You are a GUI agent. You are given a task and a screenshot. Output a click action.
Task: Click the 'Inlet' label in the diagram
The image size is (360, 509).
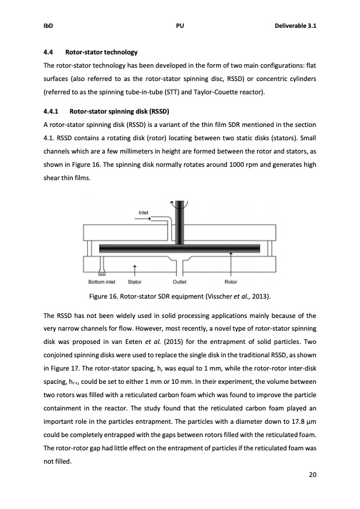pyautogui.click(x=144, y=213)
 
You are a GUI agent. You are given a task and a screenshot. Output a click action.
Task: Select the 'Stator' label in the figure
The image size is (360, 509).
pyautogui.click(x=135, y=281)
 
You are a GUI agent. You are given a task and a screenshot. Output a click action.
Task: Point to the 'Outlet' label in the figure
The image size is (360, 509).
pyautogui.click(x=180, y=281)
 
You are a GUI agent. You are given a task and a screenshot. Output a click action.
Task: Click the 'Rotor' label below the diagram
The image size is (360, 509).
pyautogui.click(x=231, y=281)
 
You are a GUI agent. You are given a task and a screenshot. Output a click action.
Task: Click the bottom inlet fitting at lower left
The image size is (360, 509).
pyautogui.click(x=102, y=272)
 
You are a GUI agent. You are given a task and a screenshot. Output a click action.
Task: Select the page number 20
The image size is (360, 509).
pyautogui.click(x=312, y=475)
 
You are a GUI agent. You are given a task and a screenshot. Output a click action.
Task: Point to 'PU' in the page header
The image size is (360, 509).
pyautogui.click(x=180, y=27)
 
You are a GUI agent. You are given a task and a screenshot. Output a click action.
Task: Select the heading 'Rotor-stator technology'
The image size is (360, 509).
pyautogui.click(x=103, y=53)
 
